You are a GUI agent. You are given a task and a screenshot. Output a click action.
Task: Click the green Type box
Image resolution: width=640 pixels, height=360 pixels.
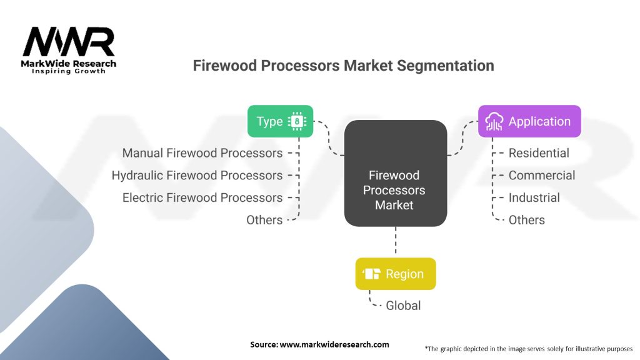click(x=281, y=121)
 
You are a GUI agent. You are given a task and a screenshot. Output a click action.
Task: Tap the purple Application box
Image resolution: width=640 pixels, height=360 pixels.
click(x=529, y=121)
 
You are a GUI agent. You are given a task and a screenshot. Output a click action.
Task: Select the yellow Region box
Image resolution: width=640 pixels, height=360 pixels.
click(x=396, y=274)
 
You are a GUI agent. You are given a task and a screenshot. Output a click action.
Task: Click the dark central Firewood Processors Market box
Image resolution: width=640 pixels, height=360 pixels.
click(x=396, y=173)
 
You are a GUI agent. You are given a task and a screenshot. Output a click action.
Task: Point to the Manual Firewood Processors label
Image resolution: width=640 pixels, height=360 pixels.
click(x=202, y=153)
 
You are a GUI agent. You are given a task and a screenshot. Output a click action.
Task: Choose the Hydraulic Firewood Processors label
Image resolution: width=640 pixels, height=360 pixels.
click(x=197, y=176)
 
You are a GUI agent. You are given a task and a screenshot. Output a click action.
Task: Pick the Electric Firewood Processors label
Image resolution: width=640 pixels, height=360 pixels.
click(x=202, y=197)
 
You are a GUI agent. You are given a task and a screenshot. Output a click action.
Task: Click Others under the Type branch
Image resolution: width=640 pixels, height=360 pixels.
click(x=264, y=220)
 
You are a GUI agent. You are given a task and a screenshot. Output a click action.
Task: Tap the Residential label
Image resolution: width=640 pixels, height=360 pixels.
click(x=539, y=153)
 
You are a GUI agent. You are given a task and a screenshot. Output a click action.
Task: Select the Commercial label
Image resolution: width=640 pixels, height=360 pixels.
click(x=542, y=176)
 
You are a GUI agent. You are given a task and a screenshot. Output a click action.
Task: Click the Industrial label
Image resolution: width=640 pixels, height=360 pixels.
click(x=534, y=197)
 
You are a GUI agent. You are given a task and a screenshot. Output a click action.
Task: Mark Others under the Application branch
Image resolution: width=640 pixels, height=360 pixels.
click(x=526, y=220)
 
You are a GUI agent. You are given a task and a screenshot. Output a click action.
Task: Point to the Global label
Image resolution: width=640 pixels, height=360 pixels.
click(x=403, y=305)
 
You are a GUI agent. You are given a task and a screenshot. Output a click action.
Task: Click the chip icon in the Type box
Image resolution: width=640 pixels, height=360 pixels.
click(x=297, y=121)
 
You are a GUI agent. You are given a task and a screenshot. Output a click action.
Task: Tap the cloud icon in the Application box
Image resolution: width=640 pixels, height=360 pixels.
click(x=494, y=122)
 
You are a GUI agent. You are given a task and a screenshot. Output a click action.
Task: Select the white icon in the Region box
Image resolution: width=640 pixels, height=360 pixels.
click(x=371, y=274)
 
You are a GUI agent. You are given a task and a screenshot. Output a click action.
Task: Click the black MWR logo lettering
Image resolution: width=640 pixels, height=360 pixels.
click(x=69, y=42)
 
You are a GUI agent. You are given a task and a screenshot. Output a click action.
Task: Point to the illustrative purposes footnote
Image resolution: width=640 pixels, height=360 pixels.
click(x=529, y=349)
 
